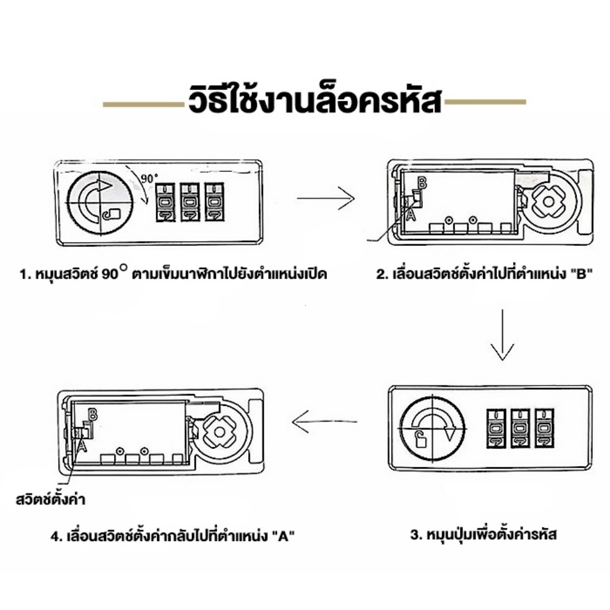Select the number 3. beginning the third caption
point(415,535)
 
